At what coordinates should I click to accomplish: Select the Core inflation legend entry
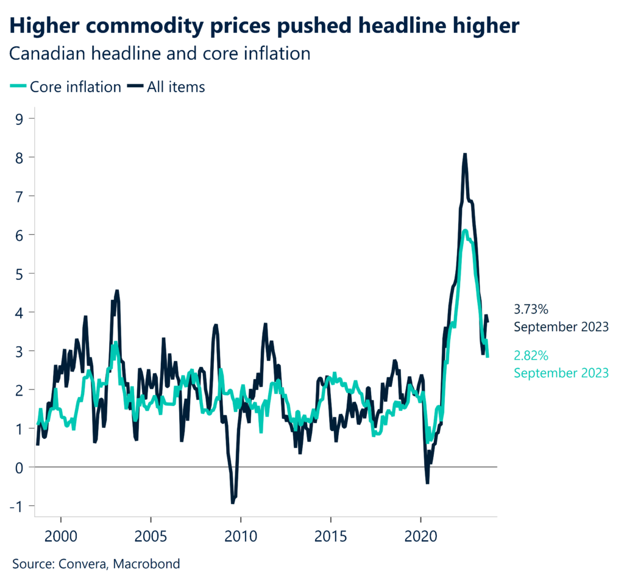tap(66, 87)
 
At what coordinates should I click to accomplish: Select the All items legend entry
tap(166, 87)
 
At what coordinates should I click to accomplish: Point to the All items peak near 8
tap(465, 155)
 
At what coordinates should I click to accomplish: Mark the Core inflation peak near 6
tap(465, 231)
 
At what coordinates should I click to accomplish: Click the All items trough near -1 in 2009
tap(233, 502)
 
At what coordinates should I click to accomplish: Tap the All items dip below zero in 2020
tap(427, 482)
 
